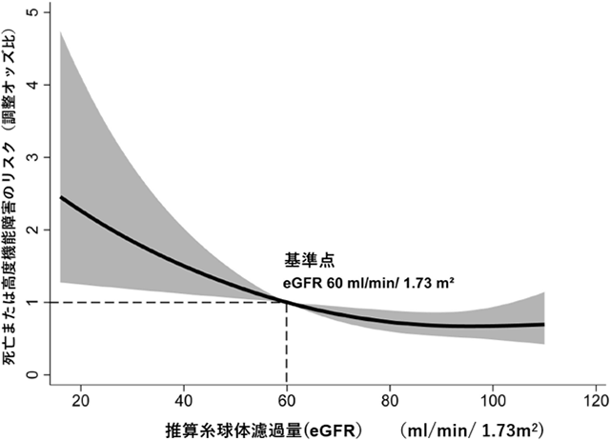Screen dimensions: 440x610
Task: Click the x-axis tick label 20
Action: (x=80, y=397)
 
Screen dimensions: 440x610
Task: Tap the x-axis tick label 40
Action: (x=183, y=397)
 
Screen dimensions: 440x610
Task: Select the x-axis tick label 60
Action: (x=286, y=397)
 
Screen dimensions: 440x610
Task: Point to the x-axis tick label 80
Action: (x=389, y=397)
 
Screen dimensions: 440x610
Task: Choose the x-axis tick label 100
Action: (x=492, y=397)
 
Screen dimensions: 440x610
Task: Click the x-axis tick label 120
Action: (x=594, y=397)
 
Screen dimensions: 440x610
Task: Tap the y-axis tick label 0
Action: (x=33, y=375)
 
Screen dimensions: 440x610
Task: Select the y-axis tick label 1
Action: (x=33, y=303)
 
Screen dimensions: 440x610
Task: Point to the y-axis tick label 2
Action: (x=33, y=230)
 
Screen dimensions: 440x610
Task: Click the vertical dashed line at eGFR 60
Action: (x=286, y=343)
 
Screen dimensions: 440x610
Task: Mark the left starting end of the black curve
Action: (x=61, y=197)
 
